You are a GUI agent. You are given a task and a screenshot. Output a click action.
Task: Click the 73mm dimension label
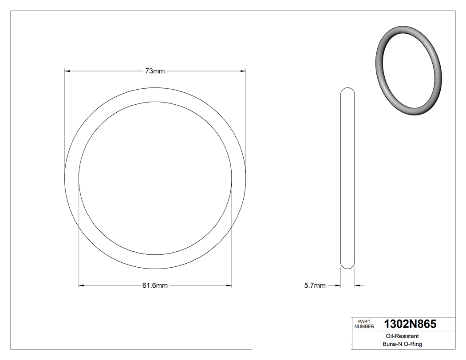[x=155, y=71]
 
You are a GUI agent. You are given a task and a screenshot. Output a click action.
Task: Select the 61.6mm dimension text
[x=155, y=286]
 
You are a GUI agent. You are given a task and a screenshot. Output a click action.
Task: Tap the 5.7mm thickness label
[x=315, y=286]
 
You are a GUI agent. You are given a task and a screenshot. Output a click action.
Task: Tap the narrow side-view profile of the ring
[x=348, y=178]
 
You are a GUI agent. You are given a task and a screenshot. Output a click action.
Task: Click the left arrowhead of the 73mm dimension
[x=67, y=71]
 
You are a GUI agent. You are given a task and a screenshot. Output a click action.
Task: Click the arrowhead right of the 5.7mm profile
[x=357, y=286]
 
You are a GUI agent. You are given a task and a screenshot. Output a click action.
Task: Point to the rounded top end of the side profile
[x=348, y=90]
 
